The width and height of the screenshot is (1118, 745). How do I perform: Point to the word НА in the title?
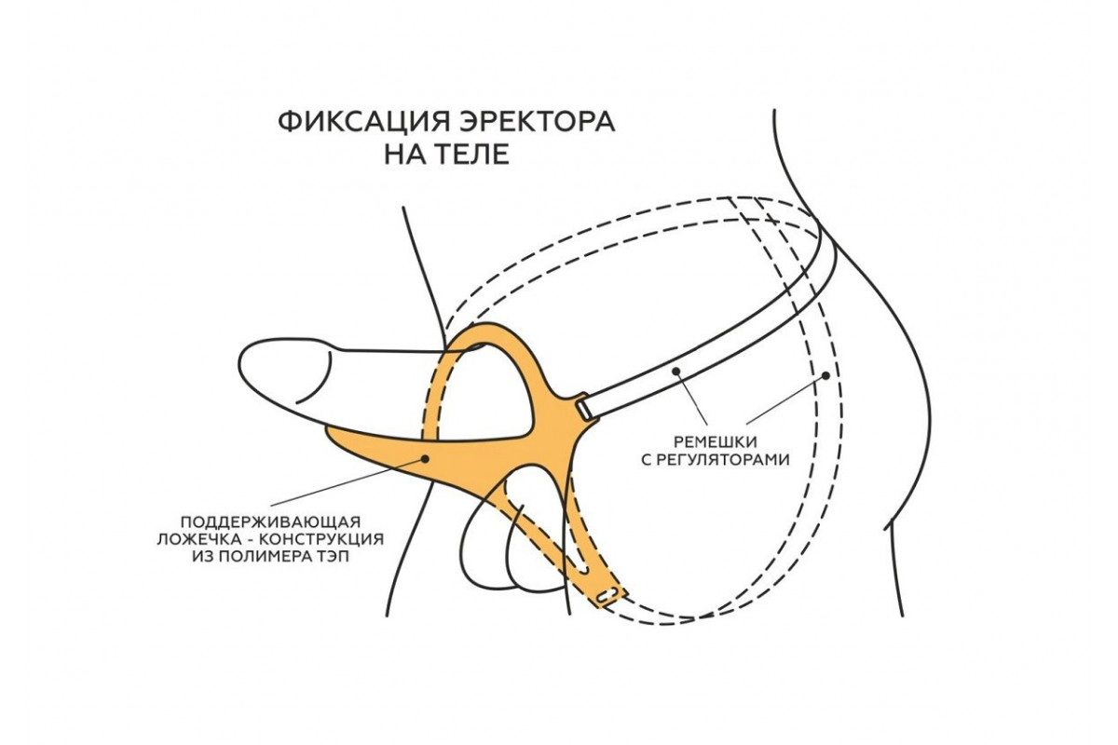(x=402, y=155)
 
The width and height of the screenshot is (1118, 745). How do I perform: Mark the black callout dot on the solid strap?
(x=678, y=371)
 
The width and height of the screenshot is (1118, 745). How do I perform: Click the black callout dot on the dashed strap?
(x=826, y=376)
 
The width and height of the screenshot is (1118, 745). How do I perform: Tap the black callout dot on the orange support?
(x=425, y=457)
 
